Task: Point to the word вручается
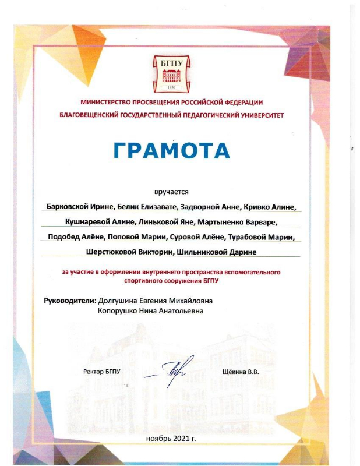172,191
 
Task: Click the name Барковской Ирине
80,207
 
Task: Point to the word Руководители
69,301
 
